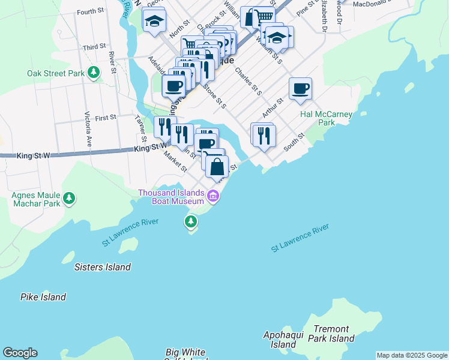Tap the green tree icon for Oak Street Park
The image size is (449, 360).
[94, 73]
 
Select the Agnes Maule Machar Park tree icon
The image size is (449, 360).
[70, 197]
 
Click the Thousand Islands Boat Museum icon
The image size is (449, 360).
[212, 196]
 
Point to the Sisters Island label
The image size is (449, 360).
[102, 266]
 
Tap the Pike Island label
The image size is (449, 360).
[43, 297]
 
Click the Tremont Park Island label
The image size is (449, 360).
[331, 334]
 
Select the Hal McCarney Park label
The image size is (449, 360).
[326, 118]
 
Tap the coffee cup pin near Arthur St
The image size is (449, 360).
[300, 89]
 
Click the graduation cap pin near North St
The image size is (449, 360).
[154, 20]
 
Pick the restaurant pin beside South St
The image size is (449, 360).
[264, 135]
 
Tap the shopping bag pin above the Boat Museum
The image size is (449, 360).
[217, 166]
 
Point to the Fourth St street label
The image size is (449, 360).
[91, 11]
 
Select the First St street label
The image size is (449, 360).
[105, 118]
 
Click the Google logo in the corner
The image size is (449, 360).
[20, 353]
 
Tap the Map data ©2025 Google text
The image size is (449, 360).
[412, 355]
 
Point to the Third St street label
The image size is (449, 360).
[94, 47]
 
